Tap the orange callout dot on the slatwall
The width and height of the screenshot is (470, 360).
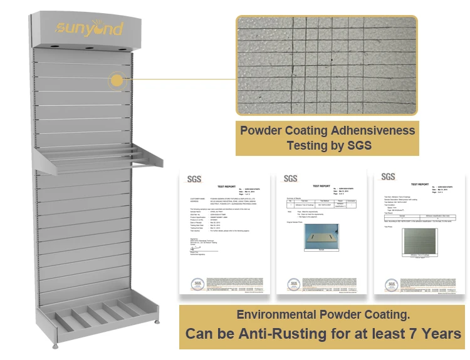tap(117, 80)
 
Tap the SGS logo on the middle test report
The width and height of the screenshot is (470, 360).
tap(290, 178)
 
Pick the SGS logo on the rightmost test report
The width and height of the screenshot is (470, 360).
tap(389, 177)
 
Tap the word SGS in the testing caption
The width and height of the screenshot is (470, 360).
tap(359, 147)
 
